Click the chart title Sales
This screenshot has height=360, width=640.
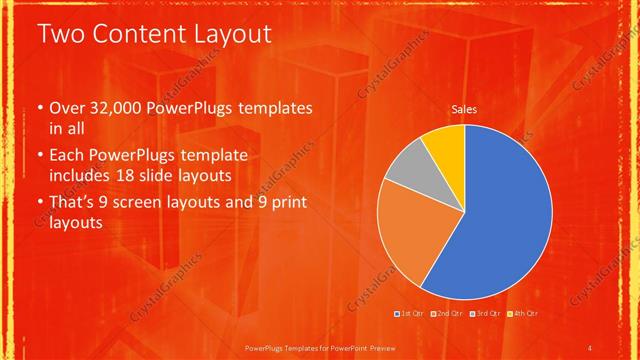tap(464, 109)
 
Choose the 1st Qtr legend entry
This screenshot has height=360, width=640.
tap(412, 314)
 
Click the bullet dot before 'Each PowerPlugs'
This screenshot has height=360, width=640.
tap(39, 156)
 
